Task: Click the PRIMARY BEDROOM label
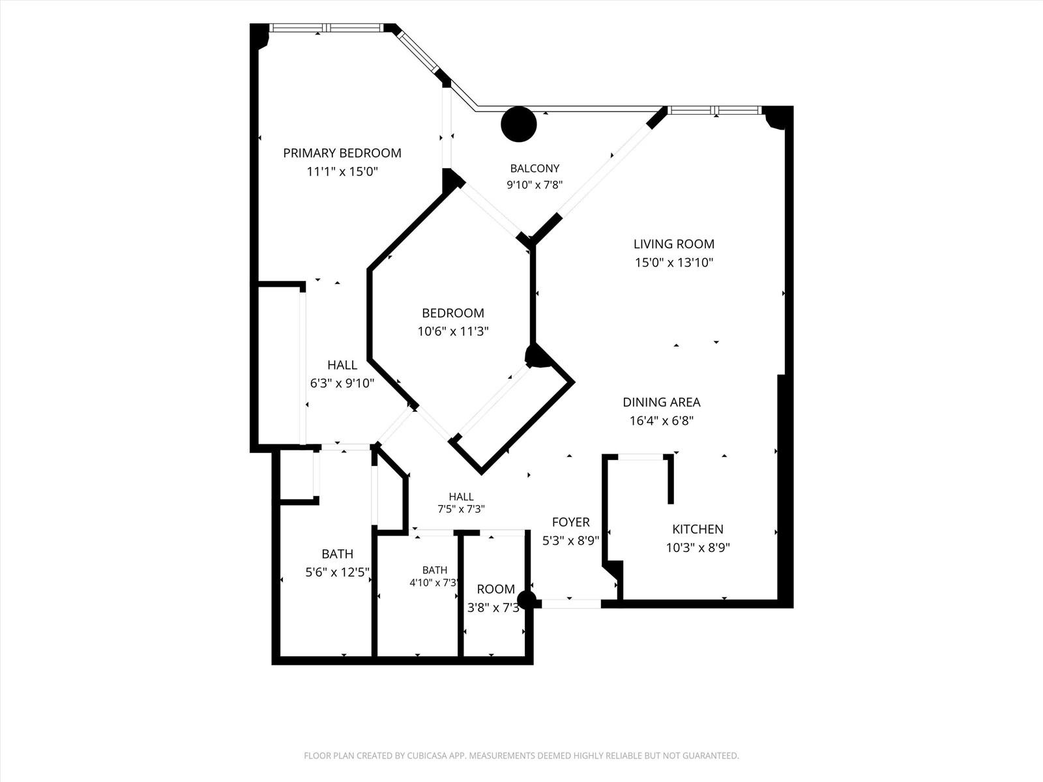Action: pyautogui.click(x=342, y=153)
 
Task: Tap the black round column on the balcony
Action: pyautogui.click(x=519, y=124)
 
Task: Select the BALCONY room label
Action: pyautogui.click(x=535, y=168)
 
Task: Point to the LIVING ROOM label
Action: pyautogui.click(x=674, y=244)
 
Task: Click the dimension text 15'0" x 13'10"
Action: pyautogui.click(x=674, y=262)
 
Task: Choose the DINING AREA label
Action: pyautogui.click(x=662, y=402)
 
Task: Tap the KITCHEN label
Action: pyautogui.click(x=698, y=529)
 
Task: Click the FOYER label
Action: pyautogui.click(x=570, y=522)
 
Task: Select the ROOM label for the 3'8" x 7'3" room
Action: pyautogui.click(x=495, y=589)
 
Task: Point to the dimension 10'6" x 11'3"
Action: pyautogui.click(x=453, y=331)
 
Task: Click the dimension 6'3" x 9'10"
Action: pyautogui.click(x=342, y=383)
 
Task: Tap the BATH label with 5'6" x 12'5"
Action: pyautogui.click(x=338, y=554)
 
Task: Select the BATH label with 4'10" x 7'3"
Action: pyautogui.click(x=435, y=570)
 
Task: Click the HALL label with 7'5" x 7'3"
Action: pyautogui.click(x=461, y=497)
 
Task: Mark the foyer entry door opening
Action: pyautogui.click(x=571, y=604)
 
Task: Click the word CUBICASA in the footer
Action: pyautogui.click(x=427, y=755)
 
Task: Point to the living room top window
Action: pyautogui.click(x=714, y=111)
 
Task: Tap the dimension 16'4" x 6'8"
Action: pyautogui.click(x=662, y=421)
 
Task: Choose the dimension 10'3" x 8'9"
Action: pyautogui.click(x=698, y=547)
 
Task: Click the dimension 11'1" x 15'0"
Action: pyautogui.click(x=342, y=171)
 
